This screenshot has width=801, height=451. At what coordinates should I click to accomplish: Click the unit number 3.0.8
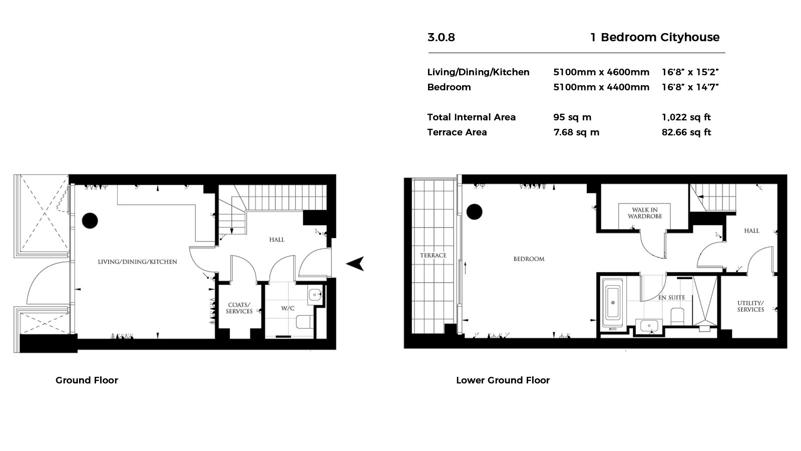pyautogui.click(x=441, y=37)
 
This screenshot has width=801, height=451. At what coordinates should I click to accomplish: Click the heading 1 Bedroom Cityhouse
pyautogui.click(x=654, y=37)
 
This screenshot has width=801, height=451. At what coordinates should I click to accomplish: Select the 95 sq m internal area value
pyautogui.click(x=572, y=117)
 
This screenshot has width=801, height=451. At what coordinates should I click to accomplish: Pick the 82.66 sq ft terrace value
pyautogui.click(x=686, y=132)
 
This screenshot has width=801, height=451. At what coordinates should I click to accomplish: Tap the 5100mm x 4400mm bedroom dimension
pyautogui.click(x=601, y=87)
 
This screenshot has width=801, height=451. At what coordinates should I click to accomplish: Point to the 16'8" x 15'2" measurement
pyautogui.click(x=690, y=72)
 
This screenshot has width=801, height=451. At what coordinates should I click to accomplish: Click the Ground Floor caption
pyautogui.click(x=87, y=380)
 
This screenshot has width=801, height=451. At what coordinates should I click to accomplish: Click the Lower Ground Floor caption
pyautogui.click(x=503, y=380)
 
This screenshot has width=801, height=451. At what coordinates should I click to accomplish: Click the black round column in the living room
pyautogui.click(x=90, y=221)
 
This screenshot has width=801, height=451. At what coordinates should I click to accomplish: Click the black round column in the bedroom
pyautogui.click(x=475, y=212)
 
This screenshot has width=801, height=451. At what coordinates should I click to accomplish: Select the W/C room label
pyautogui.click(x=287, y=308)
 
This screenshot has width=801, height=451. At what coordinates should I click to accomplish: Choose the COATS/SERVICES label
pyautogui.click(x=239, y=308)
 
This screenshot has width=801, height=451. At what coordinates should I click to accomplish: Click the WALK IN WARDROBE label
pyautogui.click(x=645, y=213)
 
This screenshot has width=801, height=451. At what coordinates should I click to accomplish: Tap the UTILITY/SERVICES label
pyautogui.click(x=750, y=306)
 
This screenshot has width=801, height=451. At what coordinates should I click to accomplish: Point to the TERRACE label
pyautogui.click(x=433, y=255)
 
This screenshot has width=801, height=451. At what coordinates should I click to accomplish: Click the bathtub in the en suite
pyautogui.click(x=613, y=303)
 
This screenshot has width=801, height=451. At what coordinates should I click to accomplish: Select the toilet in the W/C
pyautogui.click(x=305, y=321)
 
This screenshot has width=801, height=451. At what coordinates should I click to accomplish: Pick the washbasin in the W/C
pyautogui.click(x=315, y=295)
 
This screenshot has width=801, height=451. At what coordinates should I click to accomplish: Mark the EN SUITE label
pyautogui.click(x=671, y=298)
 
